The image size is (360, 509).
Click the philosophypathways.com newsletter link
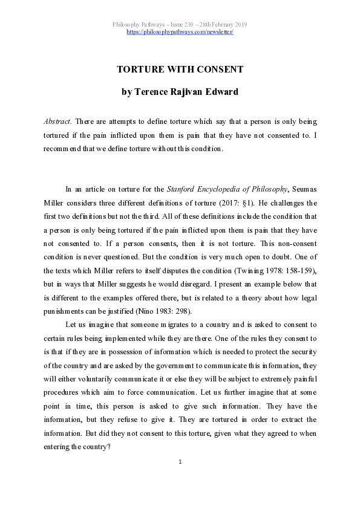click(180, 31)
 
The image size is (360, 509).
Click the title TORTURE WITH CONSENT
click(180, 69)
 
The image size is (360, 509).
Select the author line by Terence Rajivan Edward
click(180, 92)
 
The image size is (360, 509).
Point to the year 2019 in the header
click(238, 24)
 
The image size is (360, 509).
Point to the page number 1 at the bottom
click(180, 462)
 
